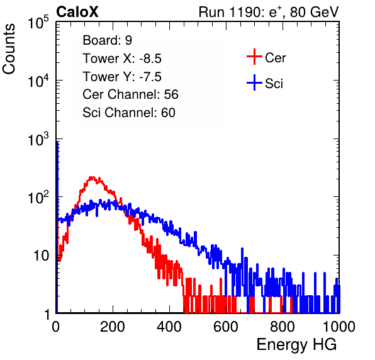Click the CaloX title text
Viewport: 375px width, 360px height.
77,12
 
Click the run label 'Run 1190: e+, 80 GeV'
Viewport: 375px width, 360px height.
269,12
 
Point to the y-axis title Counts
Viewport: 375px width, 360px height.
9,49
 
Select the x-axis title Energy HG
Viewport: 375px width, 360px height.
296,344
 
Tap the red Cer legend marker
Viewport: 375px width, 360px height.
254,57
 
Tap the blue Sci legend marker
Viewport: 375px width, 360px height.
254,83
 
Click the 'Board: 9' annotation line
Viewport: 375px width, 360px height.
107,40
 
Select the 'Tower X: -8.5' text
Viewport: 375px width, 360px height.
122,59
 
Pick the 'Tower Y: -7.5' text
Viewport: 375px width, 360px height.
122,77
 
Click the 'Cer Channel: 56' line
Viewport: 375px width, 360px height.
130,94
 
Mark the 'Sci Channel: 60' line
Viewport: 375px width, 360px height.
129,113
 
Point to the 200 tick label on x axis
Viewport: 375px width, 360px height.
113,327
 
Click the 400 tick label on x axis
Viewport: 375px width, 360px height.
169,327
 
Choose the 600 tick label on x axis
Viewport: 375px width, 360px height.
226,327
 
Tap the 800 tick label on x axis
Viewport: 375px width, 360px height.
283,327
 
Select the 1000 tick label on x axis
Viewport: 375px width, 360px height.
339,327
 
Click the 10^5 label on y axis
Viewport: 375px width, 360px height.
38,23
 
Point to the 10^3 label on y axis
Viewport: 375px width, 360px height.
38,139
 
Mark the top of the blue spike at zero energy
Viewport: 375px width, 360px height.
57,142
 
